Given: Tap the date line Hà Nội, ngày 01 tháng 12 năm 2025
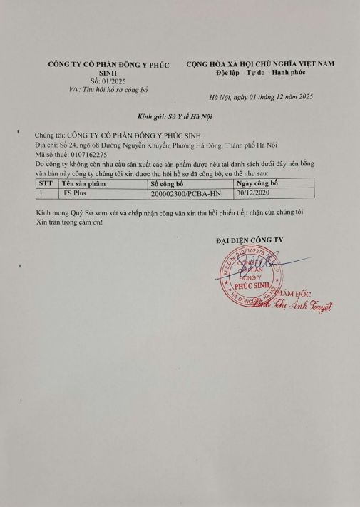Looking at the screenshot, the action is tap(261, 96).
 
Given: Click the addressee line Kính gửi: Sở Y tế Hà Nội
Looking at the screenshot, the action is tap(175, 116).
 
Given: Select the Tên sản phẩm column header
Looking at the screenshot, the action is tap(83, 183).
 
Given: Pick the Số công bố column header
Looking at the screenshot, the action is tap(167, 183).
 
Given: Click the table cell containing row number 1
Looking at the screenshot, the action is tap(42, 193).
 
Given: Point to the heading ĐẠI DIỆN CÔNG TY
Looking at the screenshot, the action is tap(249, 240).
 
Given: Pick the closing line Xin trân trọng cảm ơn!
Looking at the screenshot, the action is tap(69, 222).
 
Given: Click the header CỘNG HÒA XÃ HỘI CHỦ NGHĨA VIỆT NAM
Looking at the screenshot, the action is tap(260, 64).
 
